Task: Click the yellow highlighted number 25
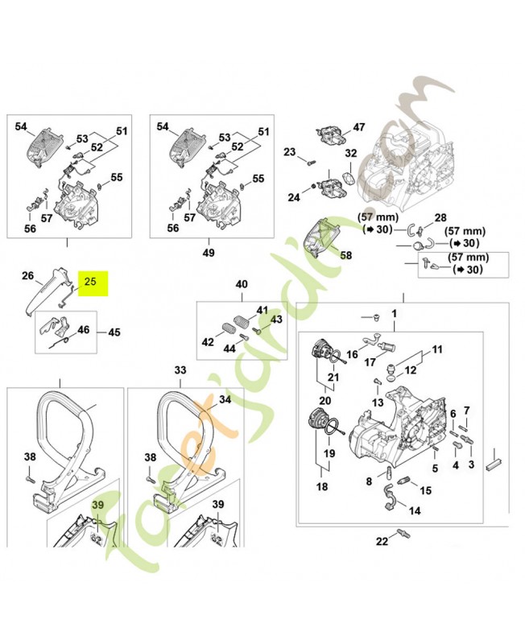click(90, 283)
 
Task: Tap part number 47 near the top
click(359, 127)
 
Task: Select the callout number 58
click(346, 255)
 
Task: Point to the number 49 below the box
click(209, 252)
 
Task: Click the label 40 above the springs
click(242, 284)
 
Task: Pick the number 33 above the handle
click(180, 369)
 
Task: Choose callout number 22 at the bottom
click(382, 541)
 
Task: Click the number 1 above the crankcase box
click(395, 312)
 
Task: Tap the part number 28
click(440, 218)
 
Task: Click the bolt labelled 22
click(403, 534)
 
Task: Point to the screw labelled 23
click(308, 161)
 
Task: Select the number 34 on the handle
click(225, 399)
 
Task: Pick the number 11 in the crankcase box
click(437, 349)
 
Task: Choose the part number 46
click(83, 330)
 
